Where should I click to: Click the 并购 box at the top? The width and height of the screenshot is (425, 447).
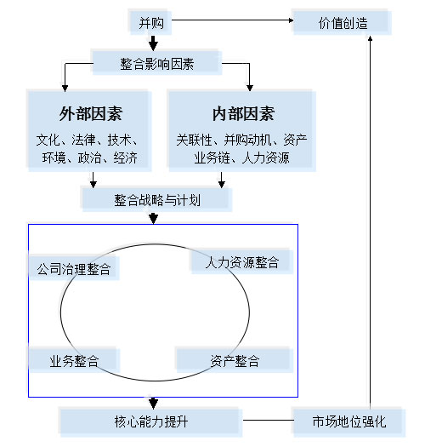tap(150, 22)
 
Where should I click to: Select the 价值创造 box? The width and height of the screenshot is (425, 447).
tap(343, 22)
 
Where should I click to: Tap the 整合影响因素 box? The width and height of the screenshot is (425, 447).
tap(157, 63)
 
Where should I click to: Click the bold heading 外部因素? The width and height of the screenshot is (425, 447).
tap(91, 114)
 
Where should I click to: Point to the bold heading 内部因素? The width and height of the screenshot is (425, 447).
tap(243, 114)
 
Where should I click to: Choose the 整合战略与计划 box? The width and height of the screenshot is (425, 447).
tap(157, 199)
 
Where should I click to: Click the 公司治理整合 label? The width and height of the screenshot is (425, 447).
tap(74, 268)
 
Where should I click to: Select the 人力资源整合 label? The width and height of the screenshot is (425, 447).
tap(242, 262)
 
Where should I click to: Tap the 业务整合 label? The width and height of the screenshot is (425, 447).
tap(74, 361)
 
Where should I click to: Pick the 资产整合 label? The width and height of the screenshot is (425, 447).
tap(235, 361)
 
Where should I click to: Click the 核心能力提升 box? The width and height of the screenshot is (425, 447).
tap(150, 422)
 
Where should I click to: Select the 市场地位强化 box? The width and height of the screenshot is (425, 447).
tap(349, 422)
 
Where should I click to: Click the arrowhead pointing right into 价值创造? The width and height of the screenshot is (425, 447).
tap(291, 20)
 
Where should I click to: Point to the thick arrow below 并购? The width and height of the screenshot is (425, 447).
tap(153, 43)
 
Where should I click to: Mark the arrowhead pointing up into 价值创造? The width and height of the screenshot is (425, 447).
tap(370, 38)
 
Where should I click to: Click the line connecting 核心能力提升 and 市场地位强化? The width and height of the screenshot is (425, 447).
tap(268, 420)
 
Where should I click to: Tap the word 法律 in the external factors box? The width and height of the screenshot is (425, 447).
tap(83, 140)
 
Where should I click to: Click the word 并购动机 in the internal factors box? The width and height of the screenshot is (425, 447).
tap(247, 140)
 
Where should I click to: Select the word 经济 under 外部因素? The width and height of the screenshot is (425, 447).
tap(126, 158)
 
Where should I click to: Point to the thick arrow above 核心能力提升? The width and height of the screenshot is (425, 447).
tap(153, 403)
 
